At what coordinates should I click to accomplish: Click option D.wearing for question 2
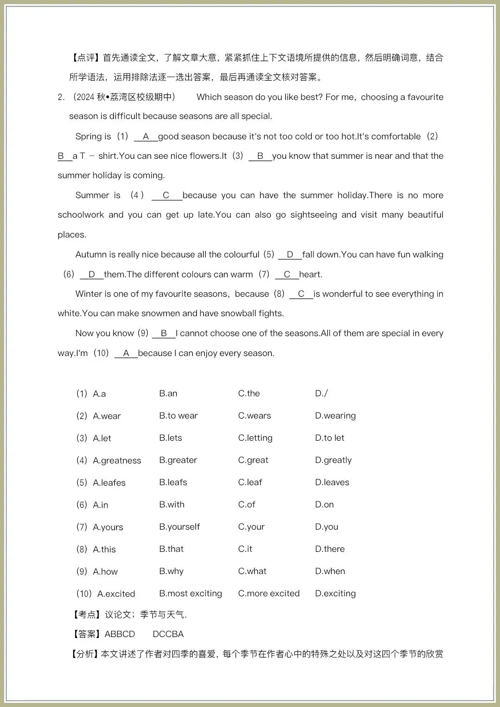[335, 416]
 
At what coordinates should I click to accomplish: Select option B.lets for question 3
[170, 438]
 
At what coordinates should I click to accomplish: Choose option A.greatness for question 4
[117, 461]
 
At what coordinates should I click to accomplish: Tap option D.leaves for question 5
[332, 482]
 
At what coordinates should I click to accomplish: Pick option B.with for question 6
[172, 505]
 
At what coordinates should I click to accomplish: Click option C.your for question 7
[251, 527]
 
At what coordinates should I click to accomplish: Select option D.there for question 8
[330, 549]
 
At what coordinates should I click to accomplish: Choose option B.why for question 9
[171, 571]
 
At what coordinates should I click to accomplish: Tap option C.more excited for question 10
[269, 594]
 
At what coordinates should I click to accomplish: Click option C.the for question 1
[249, 394]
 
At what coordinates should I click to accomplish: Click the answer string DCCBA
[168, 634]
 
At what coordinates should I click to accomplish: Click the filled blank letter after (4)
[166, 195]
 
